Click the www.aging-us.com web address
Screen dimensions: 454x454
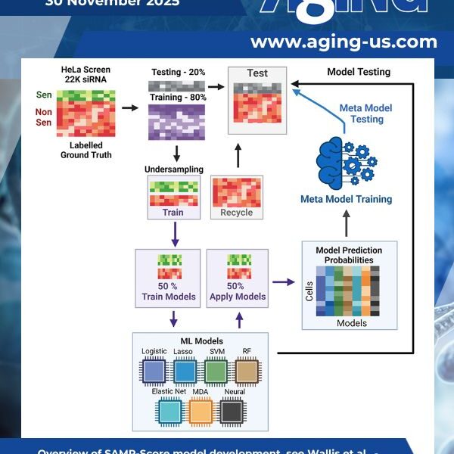point(344,42)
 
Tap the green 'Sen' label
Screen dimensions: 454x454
point(44,96)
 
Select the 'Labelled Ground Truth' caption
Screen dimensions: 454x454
point(86,150)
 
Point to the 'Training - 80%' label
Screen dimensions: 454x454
point(178,98)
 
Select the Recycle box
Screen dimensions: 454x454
point(236,197)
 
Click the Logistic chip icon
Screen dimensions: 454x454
point(154,371)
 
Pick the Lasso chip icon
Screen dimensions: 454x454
point(185,371)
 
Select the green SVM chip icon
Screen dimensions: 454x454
point(216,371)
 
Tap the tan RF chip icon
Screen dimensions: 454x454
point(247,371)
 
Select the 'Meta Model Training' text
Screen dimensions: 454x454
point(347,200)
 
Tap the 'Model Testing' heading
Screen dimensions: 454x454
point(358,72)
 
